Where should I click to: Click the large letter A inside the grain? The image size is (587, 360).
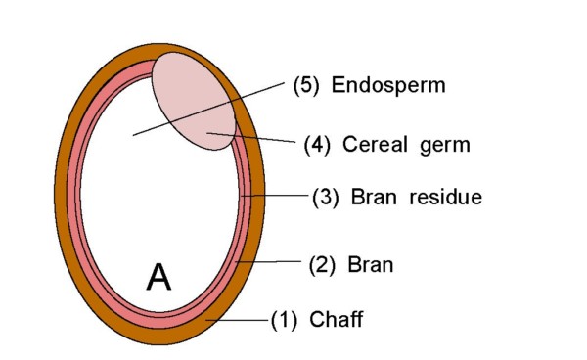(158, 278)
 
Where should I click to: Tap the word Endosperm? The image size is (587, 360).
(388, 85)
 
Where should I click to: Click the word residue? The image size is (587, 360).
(446, 197)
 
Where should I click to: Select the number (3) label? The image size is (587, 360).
(325, 197)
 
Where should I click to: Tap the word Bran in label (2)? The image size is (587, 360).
(357, 264)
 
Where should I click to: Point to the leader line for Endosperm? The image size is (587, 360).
(210, 109)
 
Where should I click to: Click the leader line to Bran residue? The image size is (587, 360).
(279, 196)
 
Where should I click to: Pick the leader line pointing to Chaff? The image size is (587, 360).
(240, 319)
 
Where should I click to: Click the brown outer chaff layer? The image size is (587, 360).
(67, 196)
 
